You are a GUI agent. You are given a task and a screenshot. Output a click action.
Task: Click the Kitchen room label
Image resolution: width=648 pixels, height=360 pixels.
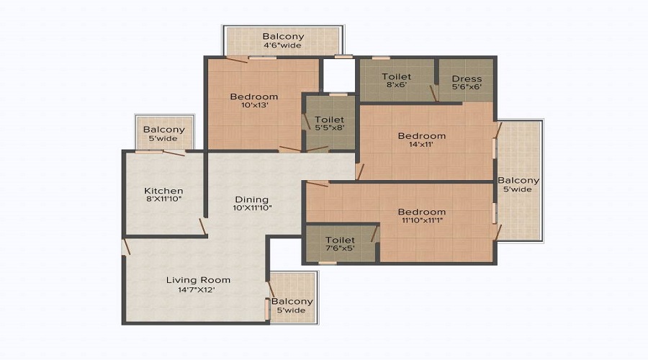tap(163, 191)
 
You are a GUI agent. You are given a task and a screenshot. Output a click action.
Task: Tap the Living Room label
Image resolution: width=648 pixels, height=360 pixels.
tap(199, 280)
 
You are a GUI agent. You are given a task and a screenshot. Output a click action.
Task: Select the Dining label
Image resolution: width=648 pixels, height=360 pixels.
tap(252, 199)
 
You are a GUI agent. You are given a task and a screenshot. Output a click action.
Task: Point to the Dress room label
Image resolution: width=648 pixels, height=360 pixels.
tap(467, 78)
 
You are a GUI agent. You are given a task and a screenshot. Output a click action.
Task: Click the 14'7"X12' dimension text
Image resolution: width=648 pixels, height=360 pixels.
tap(197, 289)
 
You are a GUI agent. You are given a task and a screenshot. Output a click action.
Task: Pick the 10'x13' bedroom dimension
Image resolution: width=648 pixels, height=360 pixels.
tap(255, 105)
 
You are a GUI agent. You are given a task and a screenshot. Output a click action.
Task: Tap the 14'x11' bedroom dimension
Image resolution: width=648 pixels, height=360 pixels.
tap(421, 144)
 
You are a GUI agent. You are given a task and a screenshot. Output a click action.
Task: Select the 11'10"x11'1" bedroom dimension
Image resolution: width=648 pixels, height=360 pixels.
tap(422, 220)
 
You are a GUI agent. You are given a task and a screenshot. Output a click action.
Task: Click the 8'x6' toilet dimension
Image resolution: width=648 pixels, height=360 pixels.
tap(396, 85)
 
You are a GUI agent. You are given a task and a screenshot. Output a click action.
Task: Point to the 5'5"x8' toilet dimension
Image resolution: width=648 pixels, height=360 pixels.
tap(329, 127)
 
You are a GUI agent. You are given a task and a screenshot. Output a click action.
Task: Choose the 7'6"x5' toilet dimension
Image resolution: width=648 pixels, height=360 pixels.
tap(340, 248)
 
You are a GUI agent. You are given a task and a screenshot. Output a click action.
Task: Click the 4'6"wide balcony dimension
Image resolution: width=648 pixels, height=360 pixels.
tap(283, 45)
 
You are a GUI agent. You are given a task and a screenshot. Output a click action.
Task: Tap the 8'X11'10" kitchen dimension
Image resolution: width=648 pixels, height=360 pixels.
tap(163, 199)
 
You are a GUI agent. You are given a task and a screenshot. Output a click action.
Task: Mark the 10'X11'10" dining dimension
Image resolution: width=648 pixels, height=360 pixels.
tap(252, 207)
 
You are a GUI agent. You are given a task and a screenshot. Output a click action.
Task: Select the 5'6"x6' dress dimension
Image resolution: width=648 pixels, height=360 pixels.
tap(467, 87)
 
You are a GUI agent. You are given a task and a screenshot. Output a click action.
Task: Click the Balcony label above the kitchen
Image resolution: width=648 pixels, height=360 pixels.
tap(163, 130)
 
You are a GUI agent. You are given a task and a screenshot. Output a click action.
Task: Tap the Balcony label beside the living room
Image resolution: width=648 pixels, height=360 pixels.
tap(292, 301)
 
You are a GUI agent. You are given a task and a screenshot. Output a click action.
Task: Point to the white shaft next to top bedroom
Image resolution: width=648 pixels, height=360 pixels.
tap(338, 75)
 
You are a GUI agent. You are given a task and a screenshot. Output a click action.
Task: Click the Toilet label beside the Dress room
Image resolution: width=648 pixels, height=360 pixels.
tap(396, 76)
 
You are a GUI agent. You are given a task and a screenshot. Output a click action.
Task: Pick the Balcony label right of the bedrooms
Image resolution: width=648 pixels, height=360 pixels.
tap(518, 181)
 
